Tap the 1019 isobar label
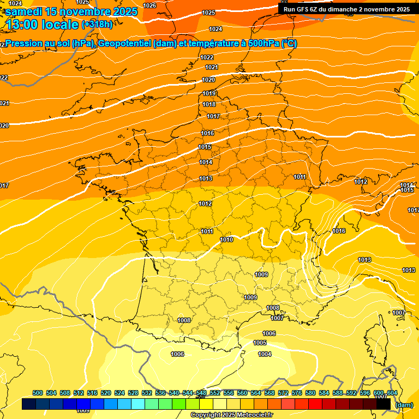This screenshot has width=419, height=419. coord(209,93)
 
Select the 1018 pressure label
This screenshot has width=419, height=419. coord(209,104)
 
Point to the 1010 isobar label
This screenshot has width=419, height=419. coord(226,240)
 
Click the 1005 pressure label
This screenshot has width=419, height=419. coord(260,343)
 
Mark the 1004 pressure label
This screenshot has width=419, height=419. coord(265,354)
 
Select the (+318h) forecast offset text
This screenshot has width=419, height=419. coord(97,24)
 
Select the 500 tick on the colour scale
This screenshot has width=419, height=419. coord(38,393)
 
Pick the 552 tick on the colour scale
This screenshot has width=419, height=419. coord(215,393)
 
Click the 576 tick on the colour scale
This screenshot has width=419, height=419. coord(297,393)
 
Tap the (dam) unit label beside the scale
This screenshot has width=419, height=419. coord(404,405)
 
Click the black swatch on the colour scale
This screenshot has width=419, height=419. coord(384,404)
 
